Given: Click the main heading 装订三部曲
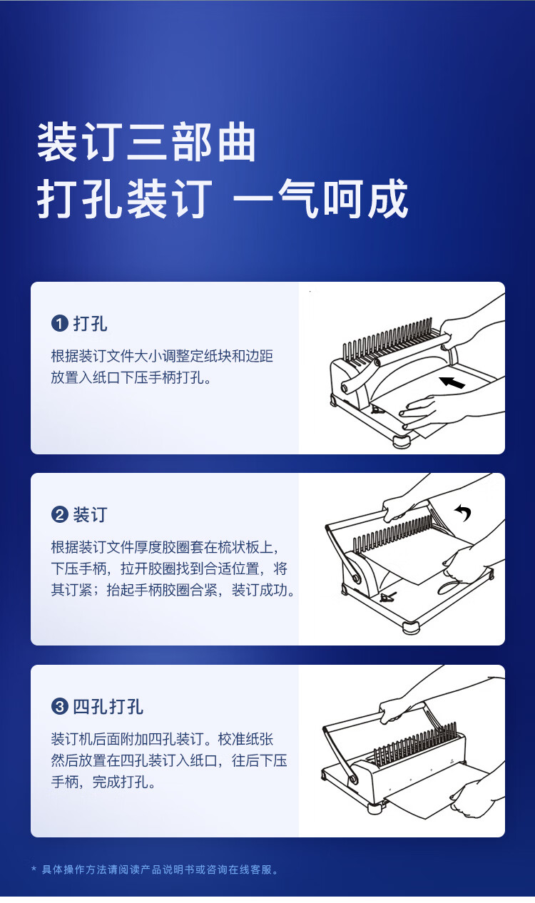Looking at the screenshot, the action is pyautogui.click(x=146, y=142).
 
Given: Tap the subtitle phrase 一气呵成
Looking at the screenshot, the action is pyautogui.click(x=321, y=199).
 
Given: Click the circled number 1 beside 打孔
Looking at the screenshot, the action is pyautogui.click(x=59, y=324).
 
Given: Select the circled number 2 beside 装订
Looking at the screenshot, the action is pyautogui.click(x=59, y=515).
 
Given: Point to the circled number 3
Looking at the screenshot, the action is pyautogui.click(x=59, y=706).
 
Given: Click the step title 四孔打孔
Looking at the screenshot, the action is pyautogui.click(x=108, y=706).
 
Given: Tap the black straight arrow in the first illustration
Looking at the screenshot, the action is pyautogui.click(x=452, y=382).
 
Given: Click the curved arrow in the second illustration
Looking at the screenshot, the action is pyautogui.click(x=463, y=513).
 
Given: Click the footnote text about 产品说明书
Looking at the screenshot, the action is pyautogui.click(x=160, y=869).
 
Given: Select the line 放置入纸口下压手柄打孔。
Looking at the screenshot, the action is pyautogui.click(x=131, y=377).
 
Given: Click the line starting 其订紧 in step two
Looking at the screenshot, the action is pyautogui.click(x=173, y=590).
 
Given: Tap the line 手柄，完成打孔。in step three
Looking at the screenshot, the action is pyautogui.click(x=103, y=782).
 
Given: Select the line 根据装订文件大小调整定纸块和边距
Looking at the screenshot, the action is pyautogui.click(x=162, y=355).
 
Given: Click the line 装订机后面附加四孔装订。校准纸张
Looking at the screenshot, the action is pyautogui.click(x=162, y=739).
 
